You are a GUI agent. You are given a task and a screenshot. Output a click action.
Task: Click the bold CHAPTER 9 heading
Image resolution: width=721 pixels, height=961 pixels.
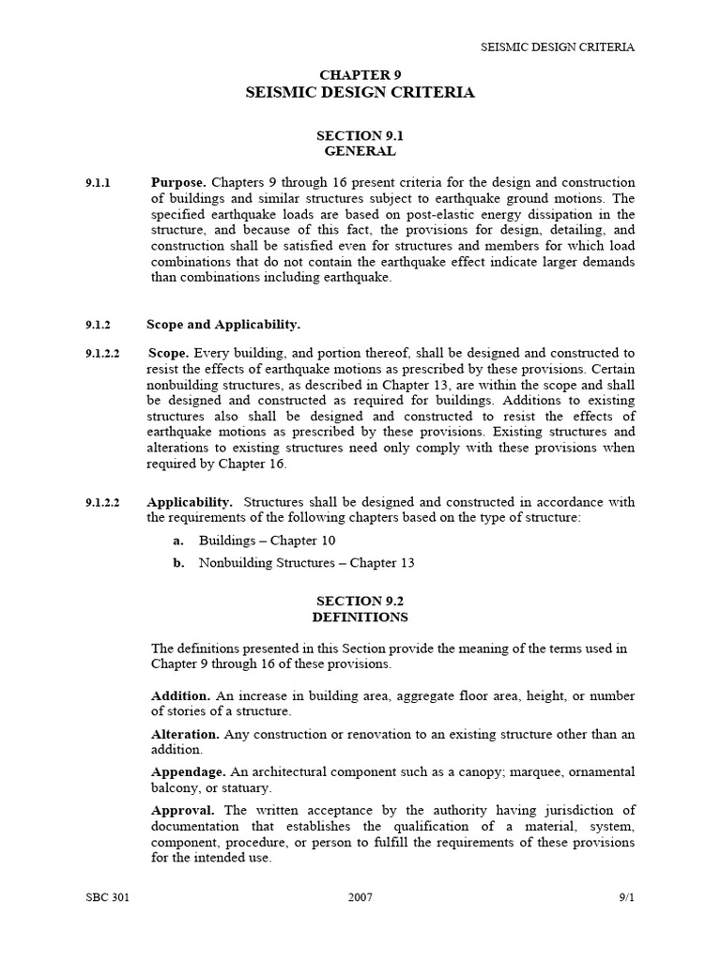360,74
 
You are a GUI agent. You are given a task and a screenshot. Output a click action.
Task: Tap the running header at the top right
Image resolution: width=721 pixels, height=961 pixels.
558,46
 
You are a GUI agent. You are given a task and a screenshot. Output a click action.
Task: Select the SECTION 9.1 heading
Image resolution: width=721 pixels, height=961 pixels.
360,135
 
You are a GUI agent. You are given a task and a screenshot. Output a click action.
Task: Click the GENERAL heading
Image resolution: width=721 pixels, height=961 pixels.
360,151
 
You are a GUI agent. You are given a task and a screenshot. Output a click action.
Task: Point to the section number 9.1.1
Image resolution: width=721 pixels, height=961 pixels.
98,182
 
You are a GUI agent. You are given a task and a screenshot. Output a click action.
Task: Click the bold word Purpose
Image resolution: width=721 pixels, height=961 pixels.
178,182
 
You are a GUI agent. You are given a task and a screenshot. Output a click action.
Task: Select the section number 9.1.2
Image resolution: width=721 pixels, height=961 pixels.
98,325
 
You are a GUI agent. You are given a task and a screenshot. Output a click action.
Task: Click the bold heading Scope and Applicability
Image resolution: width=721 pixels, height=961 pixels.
223,325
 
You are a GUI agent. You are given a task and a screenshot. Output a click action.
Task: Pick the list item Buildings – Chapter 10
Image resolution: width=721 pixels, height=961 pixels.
267,541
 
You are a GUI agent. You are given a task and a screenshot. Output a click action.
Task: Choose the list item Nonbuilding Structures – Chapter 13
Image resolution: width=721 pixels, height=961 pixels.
306,563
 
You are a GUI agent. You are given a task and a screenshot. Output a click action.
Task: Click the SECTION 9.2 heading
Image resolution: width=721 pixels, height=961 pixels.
360,601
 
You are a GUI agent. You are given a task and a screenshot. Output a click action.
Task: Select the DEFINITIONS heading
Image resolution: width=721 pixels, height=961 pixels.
360,617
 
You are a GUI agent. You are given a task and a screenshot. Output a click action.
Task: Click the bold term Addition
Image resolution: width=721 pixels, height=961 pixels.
180,696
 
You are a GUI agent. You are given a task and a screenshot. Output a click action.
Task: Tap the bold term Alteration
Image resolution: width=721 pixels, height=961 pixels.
185,734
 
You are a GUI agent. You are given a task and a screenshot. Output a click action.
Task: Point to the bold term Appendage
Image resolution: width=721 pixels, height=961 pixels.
188,771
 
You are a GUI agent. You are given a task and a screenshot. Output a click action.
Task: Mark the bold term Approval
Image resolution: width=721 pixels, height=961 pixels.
183,809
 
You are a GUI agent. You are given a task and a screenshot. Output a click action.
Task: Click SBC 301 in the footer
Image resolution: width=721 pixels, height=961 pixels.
107,897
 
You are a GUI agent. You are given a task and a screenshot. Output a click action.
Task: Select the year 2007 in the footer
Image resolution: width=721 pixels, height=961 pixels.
360,897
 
